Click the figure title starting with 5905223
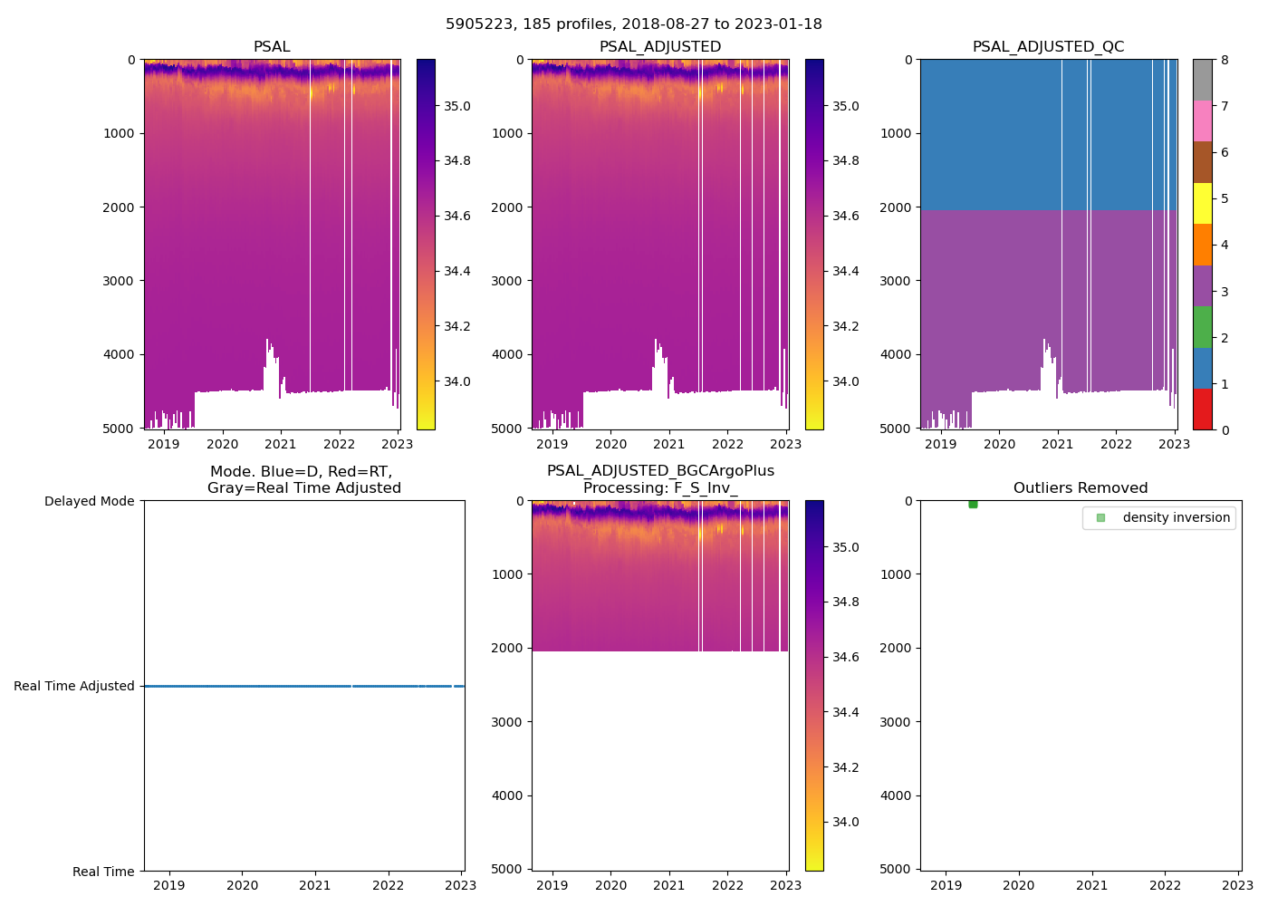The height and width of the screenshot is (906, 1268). [634, 24]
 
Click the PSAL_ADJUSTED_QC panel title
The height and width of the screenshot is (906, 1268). [1048, 47]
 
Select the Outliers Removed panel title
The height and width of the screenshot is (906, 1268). [1081, 488]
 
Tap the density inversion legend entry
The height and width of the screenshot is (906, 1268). [1176, 517]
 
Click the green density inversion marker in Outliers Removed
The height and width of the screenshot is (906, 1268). [973, 504]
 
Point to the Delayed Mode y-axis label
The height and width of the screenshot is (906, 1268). [89, 501]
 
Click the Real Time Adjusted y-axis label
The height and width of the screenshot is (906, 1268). [74, 686]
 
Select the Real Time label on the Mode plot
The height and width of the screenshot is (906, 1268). [103, 872]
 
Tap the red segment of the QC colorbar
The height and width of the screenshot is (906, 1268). [1202, 410]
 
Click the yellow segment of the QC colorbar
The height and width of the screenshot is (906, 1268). [1202, 203]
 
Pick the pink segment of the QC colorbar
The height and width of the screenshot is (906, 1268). [1202, 120]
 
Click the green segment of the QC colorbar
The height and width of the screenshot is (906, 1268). [1202, 327]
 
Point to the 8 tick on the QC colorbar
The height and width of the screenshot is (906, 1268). [1225, 60]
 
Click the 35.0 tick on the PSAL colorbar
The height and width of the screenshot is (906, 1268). [456, 106]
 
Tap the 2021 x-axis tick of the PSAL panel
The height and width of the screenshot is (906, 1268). [281, 444]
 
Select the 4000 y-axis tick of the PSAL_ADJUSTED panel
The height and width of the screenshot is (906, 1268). [507, 354]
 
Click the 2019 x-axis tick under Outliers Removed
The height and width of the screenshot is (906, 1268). [946, 885]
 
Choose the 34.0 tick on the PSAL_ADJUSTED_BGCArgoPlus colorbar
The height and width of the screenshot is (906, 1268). [845, 823]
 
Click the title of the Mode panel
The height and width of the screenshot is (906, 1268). [303, 480]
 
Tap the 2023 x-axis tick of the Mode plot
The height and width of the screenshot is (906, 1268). [460, 885]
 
